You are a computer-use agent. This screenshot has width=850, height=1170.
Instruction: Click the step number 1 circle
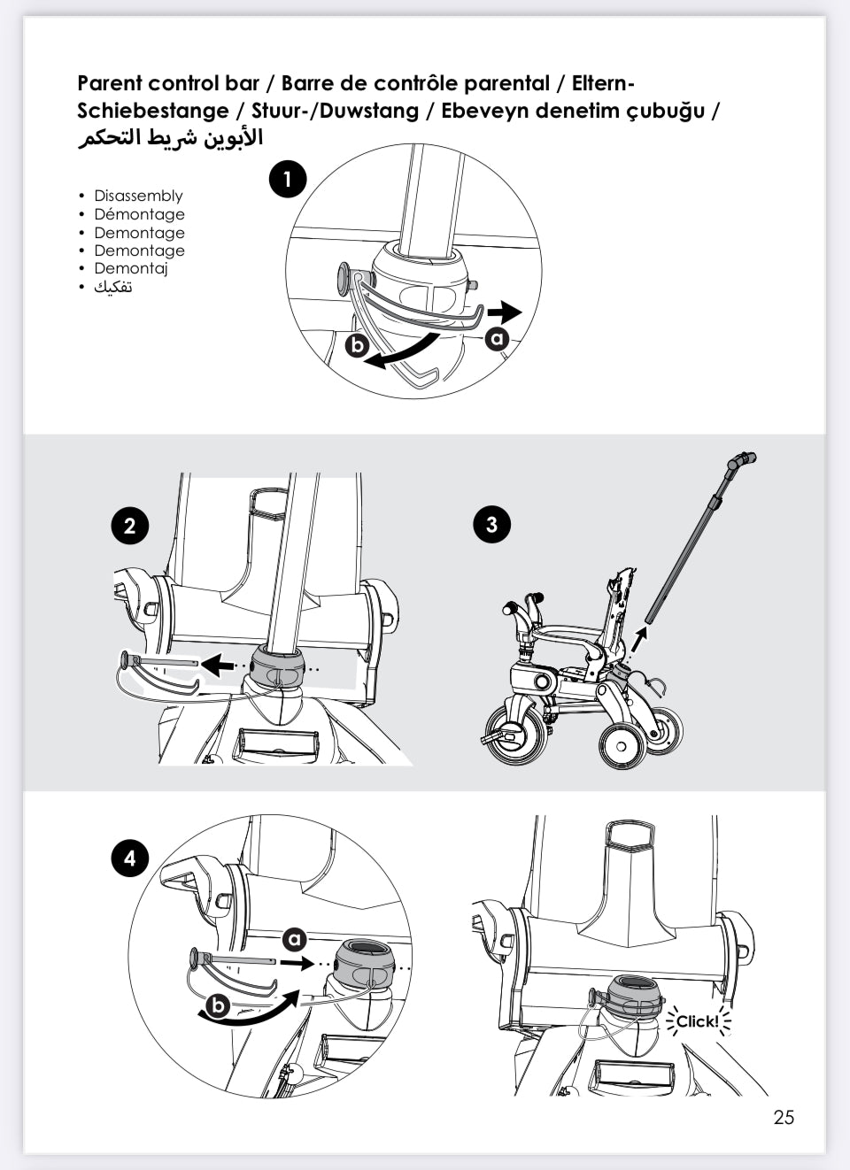pos(287,180)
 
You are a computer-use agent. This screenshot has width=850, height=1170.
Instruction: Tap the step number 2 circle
pos(130,526)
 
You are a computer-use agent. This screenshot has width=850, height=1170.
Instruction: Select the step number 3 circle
pos(491,524)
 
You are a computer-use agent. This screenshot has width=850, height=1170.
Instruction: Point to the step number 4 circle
pos(130,858)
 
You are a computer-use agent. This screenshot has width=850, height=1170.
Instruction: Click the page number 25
pos(784,1117)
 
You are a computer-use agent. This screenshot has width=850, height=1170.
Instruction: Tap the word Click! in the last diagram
pos(698,1021)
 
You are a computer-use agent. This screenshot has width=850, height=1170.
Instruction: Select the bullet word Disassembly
pos(138,196)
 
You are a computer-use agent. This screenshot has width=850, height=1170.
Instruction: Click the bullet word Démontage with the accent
pos(139,214)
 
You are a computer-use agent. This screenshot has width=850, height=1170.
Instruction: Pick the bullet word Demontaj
pos(131,268)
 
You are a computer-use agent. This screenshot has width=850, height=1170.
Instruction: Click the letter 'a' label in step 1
pos(497,338)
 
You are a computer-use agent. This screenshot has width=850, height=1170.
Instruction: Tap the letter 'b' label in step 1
pos(357,344)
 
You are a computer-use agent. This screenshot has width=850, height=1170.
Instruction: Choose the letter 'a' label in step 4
pos(294,940)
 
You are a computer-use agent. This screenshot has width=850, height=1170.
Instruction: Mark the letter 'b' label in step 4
pos(218,1006)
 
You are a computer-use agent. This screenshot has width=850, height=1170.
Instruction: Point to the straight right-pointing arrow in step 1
pos(506,312)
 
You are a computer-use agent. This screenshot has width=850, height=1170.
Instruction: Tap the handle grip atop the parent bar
pos(742,460)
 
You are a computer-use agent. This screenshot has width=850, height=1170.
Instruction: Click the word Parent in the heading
pos(110,83)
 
